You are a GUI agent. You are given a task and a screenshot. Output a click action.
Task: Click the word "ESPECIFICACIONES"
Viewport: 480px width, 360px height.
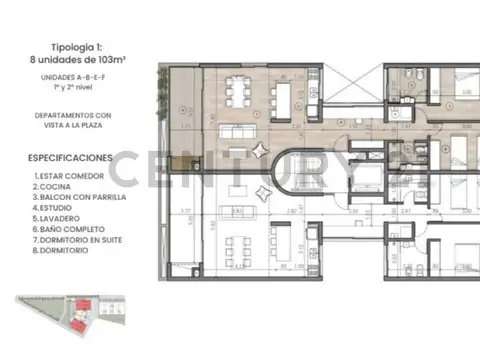coord(70,158)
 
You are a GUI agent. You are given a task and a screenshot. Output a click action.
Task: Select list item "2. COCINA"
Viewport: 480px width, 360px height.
coord(56,187)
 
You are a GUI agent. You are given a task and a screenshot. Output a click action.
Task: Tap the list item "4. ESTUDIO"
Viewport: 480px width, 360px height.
coord(57,208)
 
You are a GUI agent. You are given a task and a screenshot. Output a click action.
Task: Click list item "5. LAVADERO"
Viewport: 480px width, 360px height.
coord(60,219)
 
